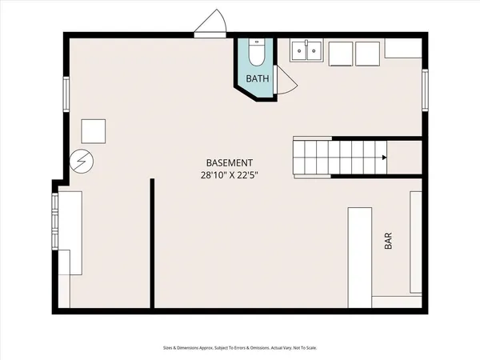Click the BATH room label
pos(257,78)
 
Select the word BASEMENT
pos(230,162)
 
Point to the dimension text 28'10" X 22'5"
pos(230,175)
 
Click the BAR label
pos(388,242)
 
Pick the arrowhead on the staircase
pos(385,158)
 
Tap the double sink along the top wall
pos(306,51)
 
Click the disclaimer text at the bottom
pos(239,348)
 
